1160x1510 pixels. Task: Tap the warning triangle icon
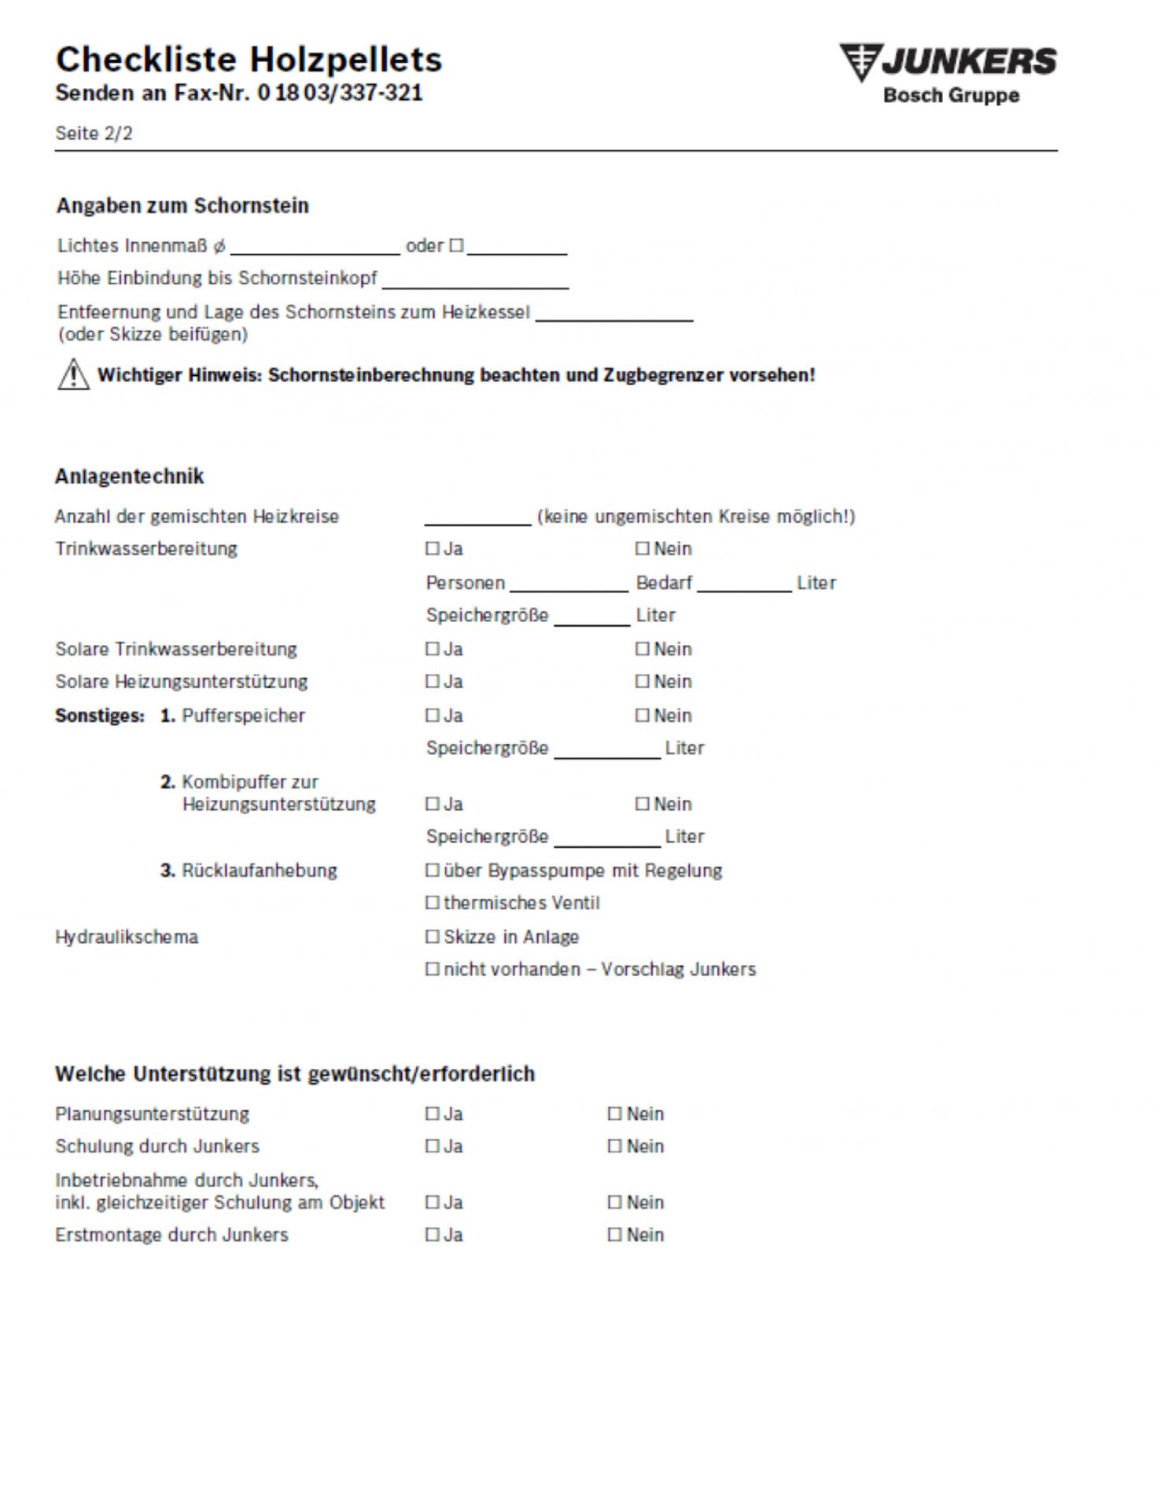(73, 374)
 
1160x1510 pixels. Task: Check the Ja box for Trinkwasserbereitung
(432, 548)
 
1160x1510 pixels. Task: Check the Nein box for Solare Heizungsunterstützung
(643, 681)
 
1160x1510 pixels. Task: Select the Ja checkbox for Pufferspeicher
(432, 715)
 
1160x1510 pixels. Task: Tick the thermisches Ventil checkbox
(432, 903)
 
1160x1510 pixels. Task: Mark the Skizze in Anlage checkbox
(432, 937)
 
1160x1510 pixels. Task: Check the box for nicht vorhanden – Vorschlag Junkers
(432, 969)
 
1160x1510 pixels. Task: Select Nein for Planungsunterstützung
(614, 1114)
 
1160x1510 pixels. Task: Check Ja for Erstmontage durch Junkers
(432, 1235)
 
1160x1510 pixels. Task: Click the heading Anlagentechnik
(130, 476)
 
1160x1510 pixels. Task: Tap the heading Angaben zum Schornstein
(182, 205)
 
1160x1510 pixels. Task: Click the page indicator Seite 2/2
(94, 133)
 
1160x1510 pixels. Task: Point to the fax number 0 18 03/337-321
(340, 93)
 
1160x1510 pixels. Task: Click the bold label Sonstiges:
(100, 716)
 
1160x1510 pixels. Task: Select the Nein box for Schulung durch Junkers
(614, 1146)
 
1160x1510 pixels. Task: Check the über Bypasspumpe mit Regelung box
(432, 871)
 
